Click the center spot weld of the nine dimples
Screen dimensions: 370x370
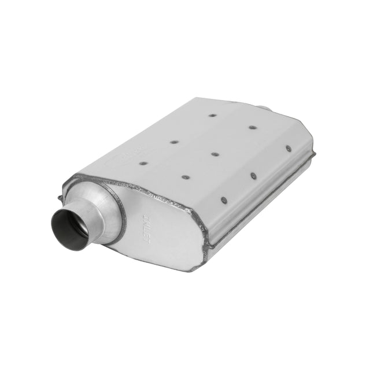point(214,154)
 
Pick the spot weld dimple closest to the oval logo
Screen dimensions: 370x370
point(143,163)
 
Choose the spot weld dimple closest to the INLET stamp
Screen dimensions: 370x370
point(185,177)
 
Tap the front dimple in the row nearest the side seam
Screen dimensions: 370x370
point(224,201)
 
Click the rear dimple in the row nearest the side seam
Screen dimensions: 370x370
point(288,149)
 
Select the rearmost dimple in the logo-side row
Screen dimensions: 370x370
point(212,115)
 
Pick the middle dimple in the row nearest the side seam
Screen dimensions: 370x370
point(253,175)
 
